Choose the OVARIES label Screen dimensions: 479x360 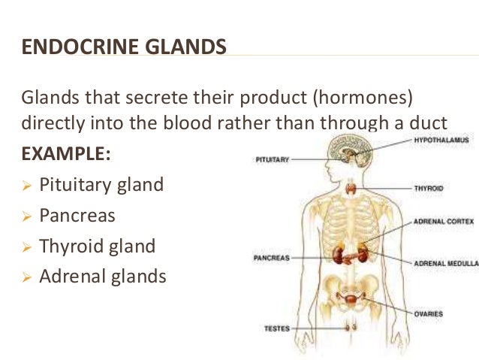[428, 313]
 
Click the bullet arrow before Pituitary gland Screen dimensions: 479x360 [26, 186]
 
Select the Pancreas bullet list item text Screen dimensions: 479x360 [79, 216]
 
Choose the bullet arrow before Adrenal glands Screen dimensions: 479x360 [26, 277]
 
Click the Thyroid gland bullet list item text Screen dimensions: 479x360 [98, 246]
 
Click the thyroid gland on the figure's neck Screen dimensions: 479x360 [351, 187]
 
